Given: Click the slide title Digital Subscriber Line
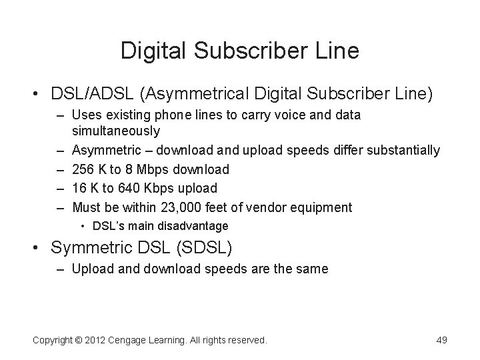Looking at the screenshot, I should click(239, 50).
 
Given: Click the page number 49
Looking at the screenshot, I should click(441, 341).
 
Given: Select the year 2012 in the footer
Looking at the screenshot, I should click(101, 341).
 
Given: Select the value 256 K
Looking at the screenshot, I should click(89, 169).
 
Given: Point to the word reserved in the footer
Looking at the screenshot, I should click(243, 341).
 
